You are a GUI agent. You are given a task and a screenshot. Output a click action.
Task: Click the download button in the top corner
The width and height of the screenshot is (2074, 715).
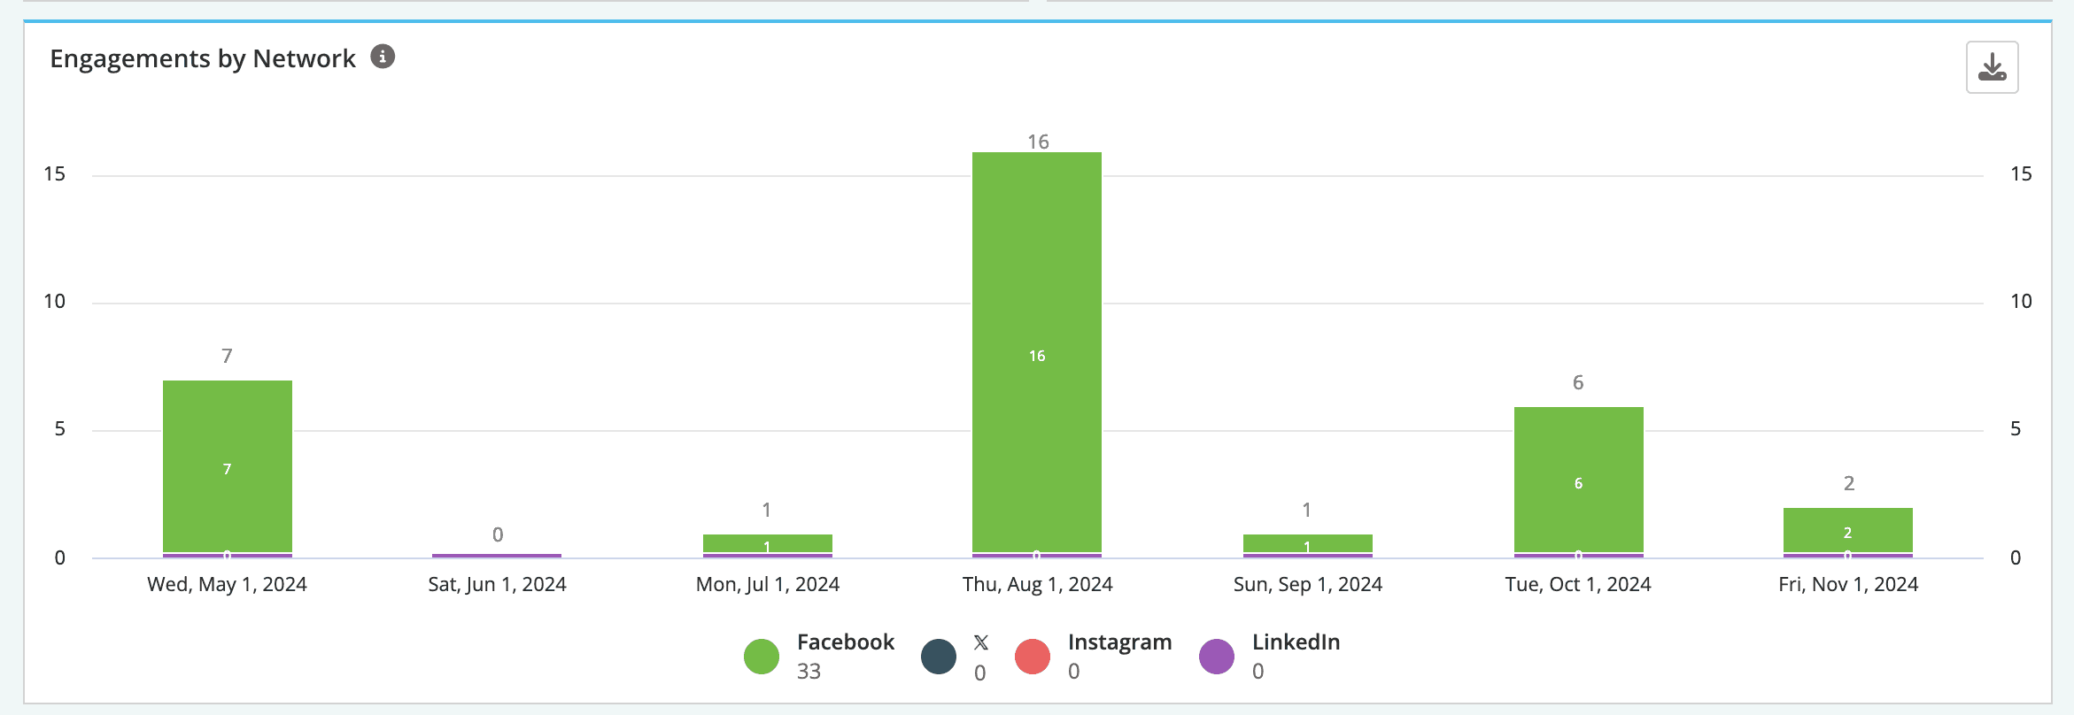click(x=1992, y=67)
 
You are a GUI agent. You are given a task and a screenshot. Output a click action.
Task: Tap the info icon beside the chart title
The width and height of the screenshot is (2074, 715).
click(x=383, y=57)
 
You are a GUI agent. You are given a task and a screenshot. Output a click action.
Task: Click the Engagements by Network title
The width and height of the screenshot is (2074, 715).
click(x=203, y=58)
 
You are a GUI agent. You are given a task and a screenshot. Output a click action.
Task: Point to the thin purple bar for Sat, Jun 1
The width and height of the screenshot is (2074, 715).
click(x=497, y=556)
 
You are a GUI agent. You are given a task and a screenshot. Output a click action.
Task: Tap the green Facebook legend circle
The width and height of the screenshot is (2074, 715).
click(x=762, y=657)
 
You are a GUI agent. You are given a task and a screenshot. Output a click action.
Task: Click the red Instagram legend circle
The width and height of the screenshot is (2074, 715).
click(x=1033, y=657)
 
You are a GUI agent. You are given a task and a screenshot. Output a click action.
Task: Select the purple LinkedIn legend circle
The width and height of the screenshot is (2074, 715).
click(x=1217, y=657)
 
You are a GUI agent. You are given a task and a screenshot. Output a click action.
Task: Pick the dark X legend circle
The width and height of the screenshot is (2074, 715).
click(x=939, y=657)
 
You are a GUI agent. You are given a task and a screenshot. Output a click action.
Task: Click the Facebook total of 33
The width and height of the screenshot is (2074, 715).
click(x=809, y=672)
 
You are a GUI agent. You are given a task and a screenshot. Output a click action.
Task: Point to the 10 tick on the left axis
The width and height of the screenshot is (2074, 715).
click(x=55, y=302)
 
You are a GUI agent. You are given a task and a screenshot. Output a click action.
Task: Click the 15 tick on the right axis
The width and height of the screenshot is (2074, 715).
click(x=2021, y=174)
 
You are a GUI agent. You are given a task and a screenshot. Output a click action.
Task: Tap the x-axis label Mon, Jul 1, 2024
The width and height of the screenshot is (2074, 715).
click(x=768, y=584)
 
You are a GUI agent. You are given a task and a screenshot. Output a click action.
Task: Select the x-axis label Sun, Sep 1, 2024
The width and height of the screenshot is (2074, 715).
click(x=1308, y=584)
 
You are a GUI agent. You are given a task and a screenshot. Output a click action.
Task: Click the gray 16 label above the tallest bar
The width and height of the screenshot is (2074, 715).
click(x=1038, y=142)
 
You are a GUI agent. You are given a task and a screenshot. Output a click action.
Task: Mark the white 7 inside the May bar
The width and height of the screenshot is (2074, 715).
click(x=228, y=469)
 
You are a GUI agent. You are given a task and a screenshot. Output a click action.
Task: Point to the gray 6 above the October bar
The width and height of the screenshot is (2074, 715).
click(x=1578, y=382)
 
